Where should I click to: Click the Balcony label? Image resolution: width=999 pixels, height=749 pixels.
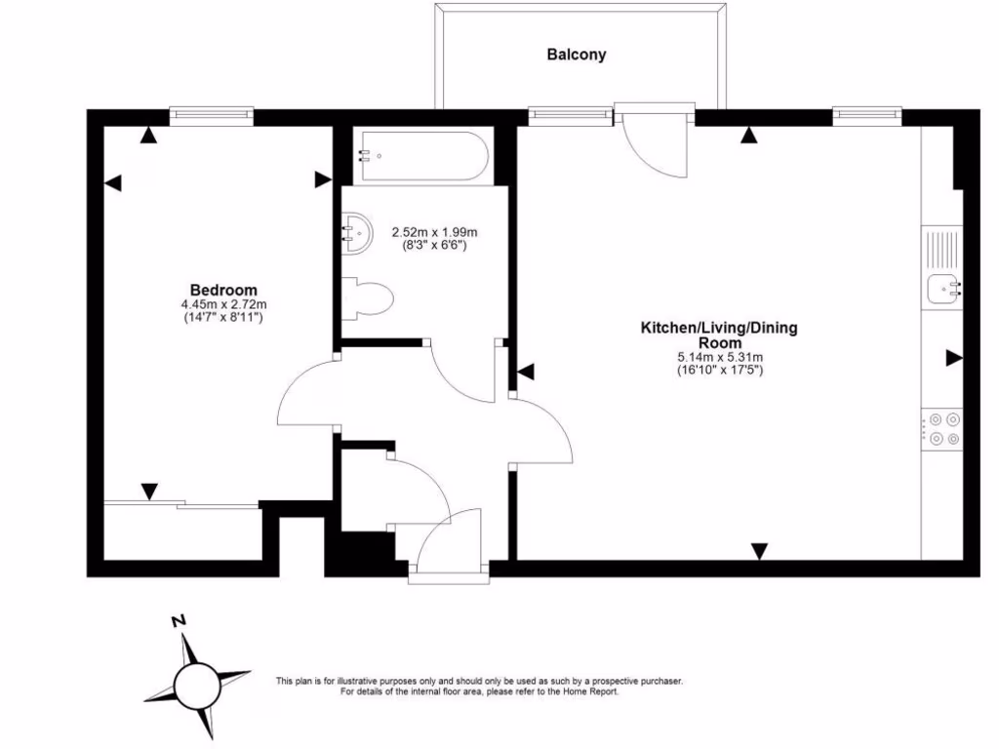[576, 55]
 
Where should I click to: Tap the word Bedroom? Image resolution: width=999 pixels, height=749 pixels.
[223, 291]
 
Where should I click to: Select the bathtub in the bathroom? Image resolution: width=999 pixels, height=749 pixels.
[423, 156]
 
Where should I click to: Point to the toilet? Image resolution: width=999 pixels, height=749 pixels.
[368, 298]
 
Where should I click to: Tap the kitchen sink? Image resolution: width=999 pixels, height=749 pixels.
[944, 289]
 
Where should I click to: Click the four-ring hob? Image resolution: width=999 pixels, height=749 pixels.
[942, 429]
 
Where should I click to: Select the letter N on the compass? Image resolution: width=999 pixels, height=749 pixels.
[180, 620]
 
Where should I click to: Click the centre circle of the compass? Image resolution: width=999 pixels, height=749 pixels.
[197, 686]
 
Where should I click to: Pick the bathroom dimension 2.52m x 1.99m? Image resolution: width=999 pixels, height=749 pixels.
[434, 232]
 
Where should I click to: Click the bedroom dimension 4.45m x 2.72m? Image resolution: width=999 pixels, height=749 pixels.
[223, 304]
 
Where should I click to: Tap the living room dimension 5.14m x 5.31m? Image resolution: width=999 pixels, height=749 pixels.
[719, 357]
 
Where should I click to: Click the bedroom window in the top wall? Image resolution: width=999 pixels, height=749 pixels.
[212, 116]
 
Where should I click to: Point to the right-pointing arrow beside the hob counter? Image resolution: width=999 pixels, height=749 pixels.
[954, 358]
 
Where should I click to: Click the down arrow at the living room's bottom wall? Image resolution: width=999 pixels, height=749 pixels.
[759, 551]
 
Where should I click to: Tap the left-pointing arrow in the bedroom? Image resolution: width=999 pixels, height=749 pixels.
[113, 183]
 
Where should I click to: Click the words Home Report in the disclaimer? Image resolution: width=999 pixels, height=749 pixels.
[590, 691]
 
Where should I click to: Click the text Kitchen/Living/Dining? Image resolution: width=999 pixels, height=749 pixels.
[719, 328]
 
